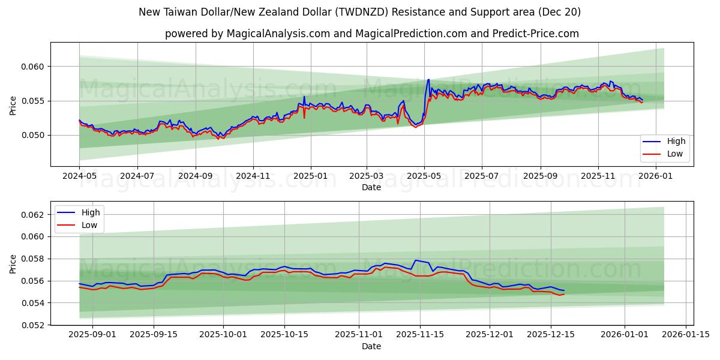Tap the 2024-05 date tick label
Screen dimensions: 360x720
pos(79,176)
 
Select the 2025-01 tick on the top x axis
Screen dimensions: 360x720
pos(310,176)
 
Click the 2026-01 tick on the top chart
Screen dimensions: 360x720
pos(656,176)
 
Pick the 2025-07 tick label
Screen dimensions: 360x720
pos(481,176)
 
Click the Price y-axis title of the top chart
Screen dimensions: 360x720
pos(13,104)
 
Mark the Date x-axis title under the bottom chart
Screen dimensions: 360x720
pos(371,346)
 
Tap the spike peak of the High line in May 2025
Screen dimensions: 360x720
pos(428,79)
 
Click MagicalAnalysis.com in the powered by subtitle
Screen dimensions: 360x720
pos(278,34)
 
